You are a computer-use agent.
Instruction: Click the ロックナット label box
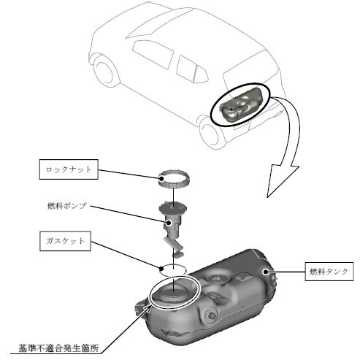coord(69,169)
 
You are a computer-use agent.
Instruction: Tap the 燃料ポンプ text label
coord(67,206)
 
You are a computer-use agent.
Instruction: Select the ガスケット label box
coord(65,241)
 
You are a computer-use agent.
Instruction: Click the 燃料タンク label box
coord(329,272)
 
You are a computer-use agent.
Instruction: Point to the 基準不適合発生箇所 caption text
coord(58,348)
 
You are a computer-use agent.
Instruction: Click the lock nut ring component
coord(174,179)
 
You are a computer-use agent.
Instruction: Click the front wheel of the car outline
coord(104,71)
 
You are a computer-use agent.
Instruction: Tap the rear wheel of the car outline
coord(210,133)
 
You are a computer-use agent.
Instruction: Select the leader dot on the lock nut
coord(161,178)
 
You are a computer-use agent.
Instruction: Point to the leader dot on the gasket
coord(161,269)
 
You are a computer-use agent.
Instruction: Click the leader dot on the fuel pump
coord(169,222)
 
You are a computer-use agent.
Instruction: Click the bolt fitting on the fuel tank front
coord(211,315)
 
